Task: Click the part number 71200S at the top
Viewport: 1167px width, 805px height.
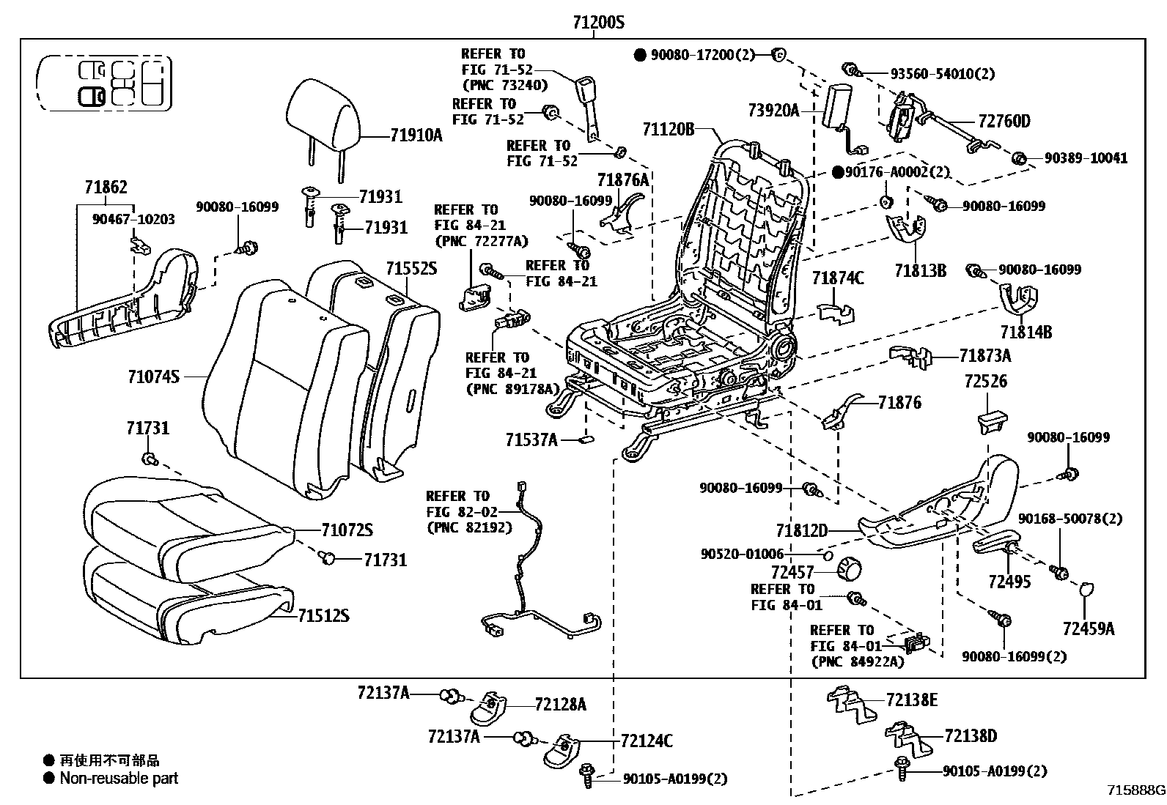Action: (598, 23)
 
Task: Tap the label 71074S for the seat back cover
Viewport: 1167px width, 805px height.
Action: (152, 376)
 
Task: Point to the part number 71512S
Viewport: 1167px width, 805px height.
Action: (323, 616)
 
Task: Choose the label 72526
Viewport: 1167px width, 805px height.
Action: (985, 381)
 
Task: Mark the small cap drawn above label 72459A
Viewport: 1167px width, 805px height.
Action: (1087, 589)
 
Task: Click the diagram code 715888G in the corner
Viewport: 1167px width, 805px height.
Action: (1135, 790)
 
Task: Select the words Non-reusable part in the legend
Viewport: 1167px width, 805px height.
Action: (119, 779)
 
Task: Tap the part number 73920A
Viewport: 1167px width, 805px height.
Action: (773, 111)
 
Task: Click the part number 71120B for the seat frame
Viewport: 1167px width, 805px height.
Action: (668, 130)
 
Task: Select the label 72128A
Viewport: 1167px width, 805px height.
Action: (561, 704)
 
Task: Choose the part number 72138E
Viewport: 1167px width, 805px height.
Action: (912, 700)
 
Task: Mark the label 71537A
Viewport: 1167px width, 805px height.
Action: (531, 439)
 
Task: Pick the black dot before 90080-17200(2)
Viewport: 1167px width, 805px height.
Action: (640, 55)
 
